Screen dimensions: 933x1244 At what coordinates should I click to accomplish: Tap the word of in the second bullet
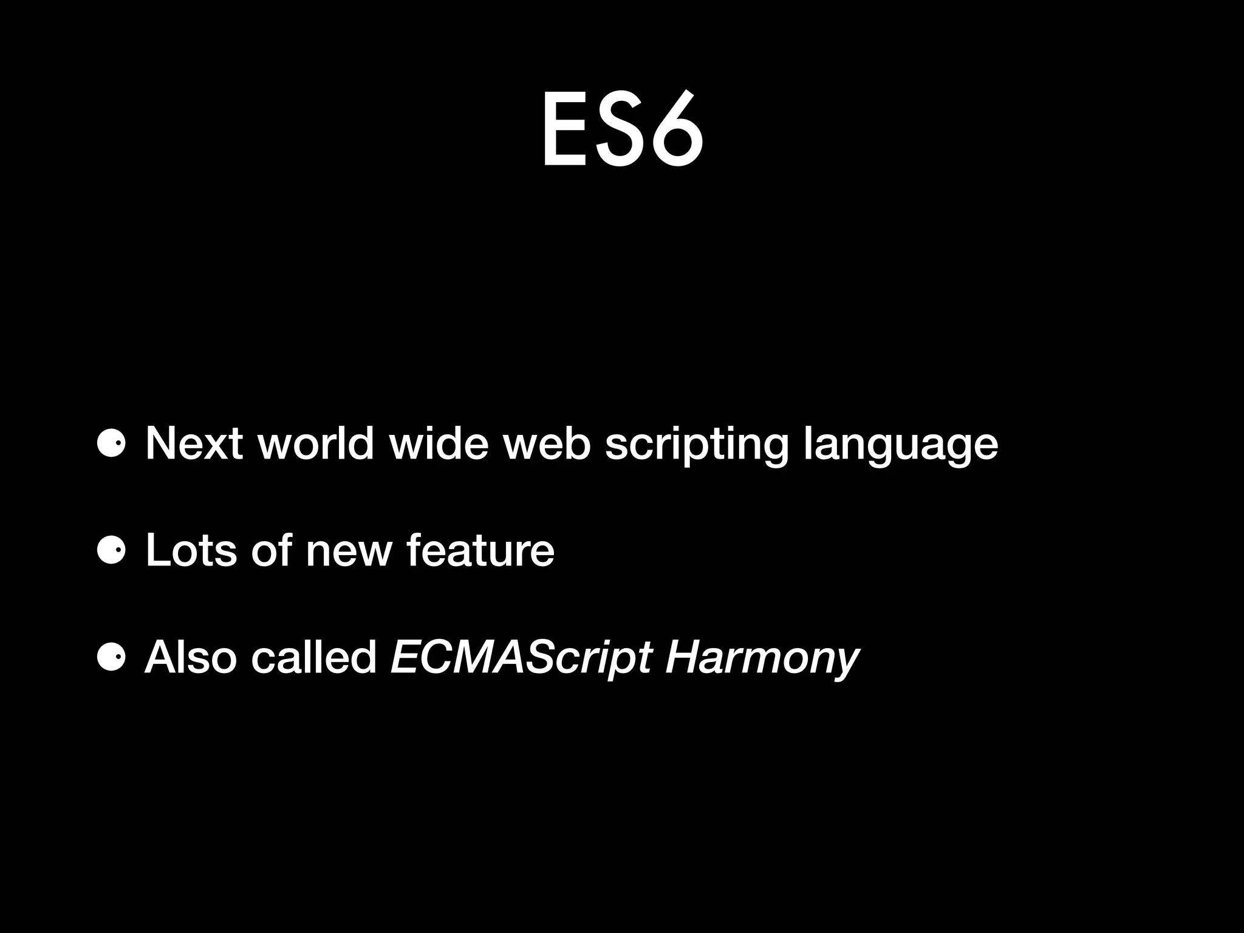click(271, 550)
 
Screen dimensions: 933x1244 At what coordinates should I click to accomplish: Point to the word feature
click(480, 550)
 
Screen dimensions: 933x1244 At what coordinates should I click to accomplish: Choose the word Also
click(191, 657)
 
